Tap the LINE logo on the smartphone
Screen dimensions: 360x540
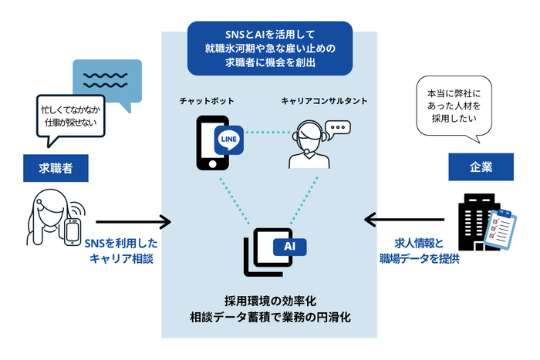[x=229, y=139]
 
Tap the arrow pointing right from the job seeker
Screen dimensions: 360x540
[x=133, y=223]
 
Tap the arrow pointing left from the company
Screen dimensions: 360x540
[x=400, y=223]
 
